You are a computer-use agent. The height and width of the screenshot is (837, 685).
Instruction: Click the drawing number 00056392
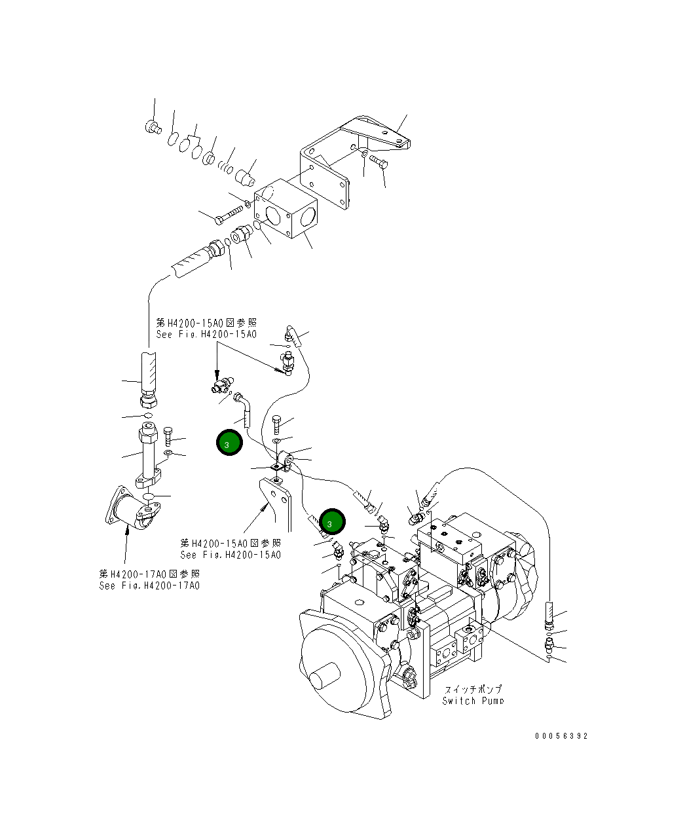point(561,735)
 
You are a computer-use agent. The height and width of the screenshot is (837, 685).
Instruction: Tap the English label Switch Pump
point(473,701)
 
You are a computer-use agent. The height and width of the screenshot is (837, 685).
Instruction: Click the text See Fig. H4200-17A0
point(149,586)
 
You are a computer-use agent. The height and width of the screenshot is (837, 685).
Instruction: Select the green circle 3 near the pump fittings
point(331,523)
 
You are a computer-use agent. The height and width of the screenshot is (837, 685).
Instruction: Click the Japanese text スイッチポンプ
point(473,689)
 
